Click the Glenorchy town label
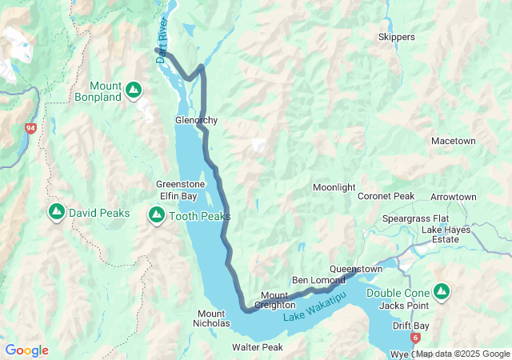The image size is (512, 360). click(x=196, y=121)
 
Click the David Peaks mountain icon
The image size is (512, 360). click(x=56, y=212)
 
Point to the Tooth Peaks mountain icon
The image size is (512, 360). click(x=156, y=215)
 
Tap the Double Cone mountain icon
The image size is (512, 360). click(x=441, y=290)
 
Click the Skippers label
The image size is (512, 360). click(x=396, y=38)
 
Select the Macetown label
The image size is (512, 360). click(x=453, y=141)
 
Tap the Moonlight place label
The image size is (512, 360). click(x=334, y=187)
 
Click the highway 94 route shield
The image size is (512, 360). click(x=30, y=128)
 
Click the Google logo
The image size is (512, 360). click(x=26, y=350)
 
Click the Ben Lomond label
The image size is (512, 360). click(x=318, y=280)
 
